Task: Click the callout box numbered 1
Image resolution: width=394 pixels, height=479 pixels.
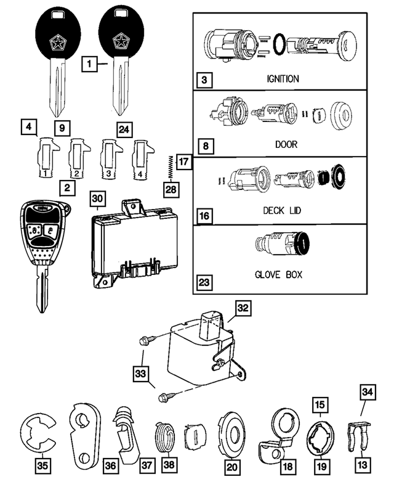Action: pyautogui.click(x=90, y=63)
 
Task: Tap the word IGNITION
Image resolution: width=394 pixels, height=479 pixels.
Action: pyautogui.click(x=283, y=79)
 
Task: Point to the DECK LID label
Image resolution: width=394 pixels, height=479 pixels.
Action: pyautogui.click(x=283, y=210)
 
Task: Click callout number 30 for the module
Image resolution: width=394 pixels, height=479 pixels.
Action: pyautogui.click(x=98, y=199)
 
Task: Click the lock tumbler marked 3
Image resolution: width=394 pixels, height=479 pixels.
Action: pyautogui.click(x=108, y=159)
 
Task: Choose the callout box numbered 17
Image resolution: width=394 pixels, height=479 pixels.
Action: pyautogui.click(x=183, y=163)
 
